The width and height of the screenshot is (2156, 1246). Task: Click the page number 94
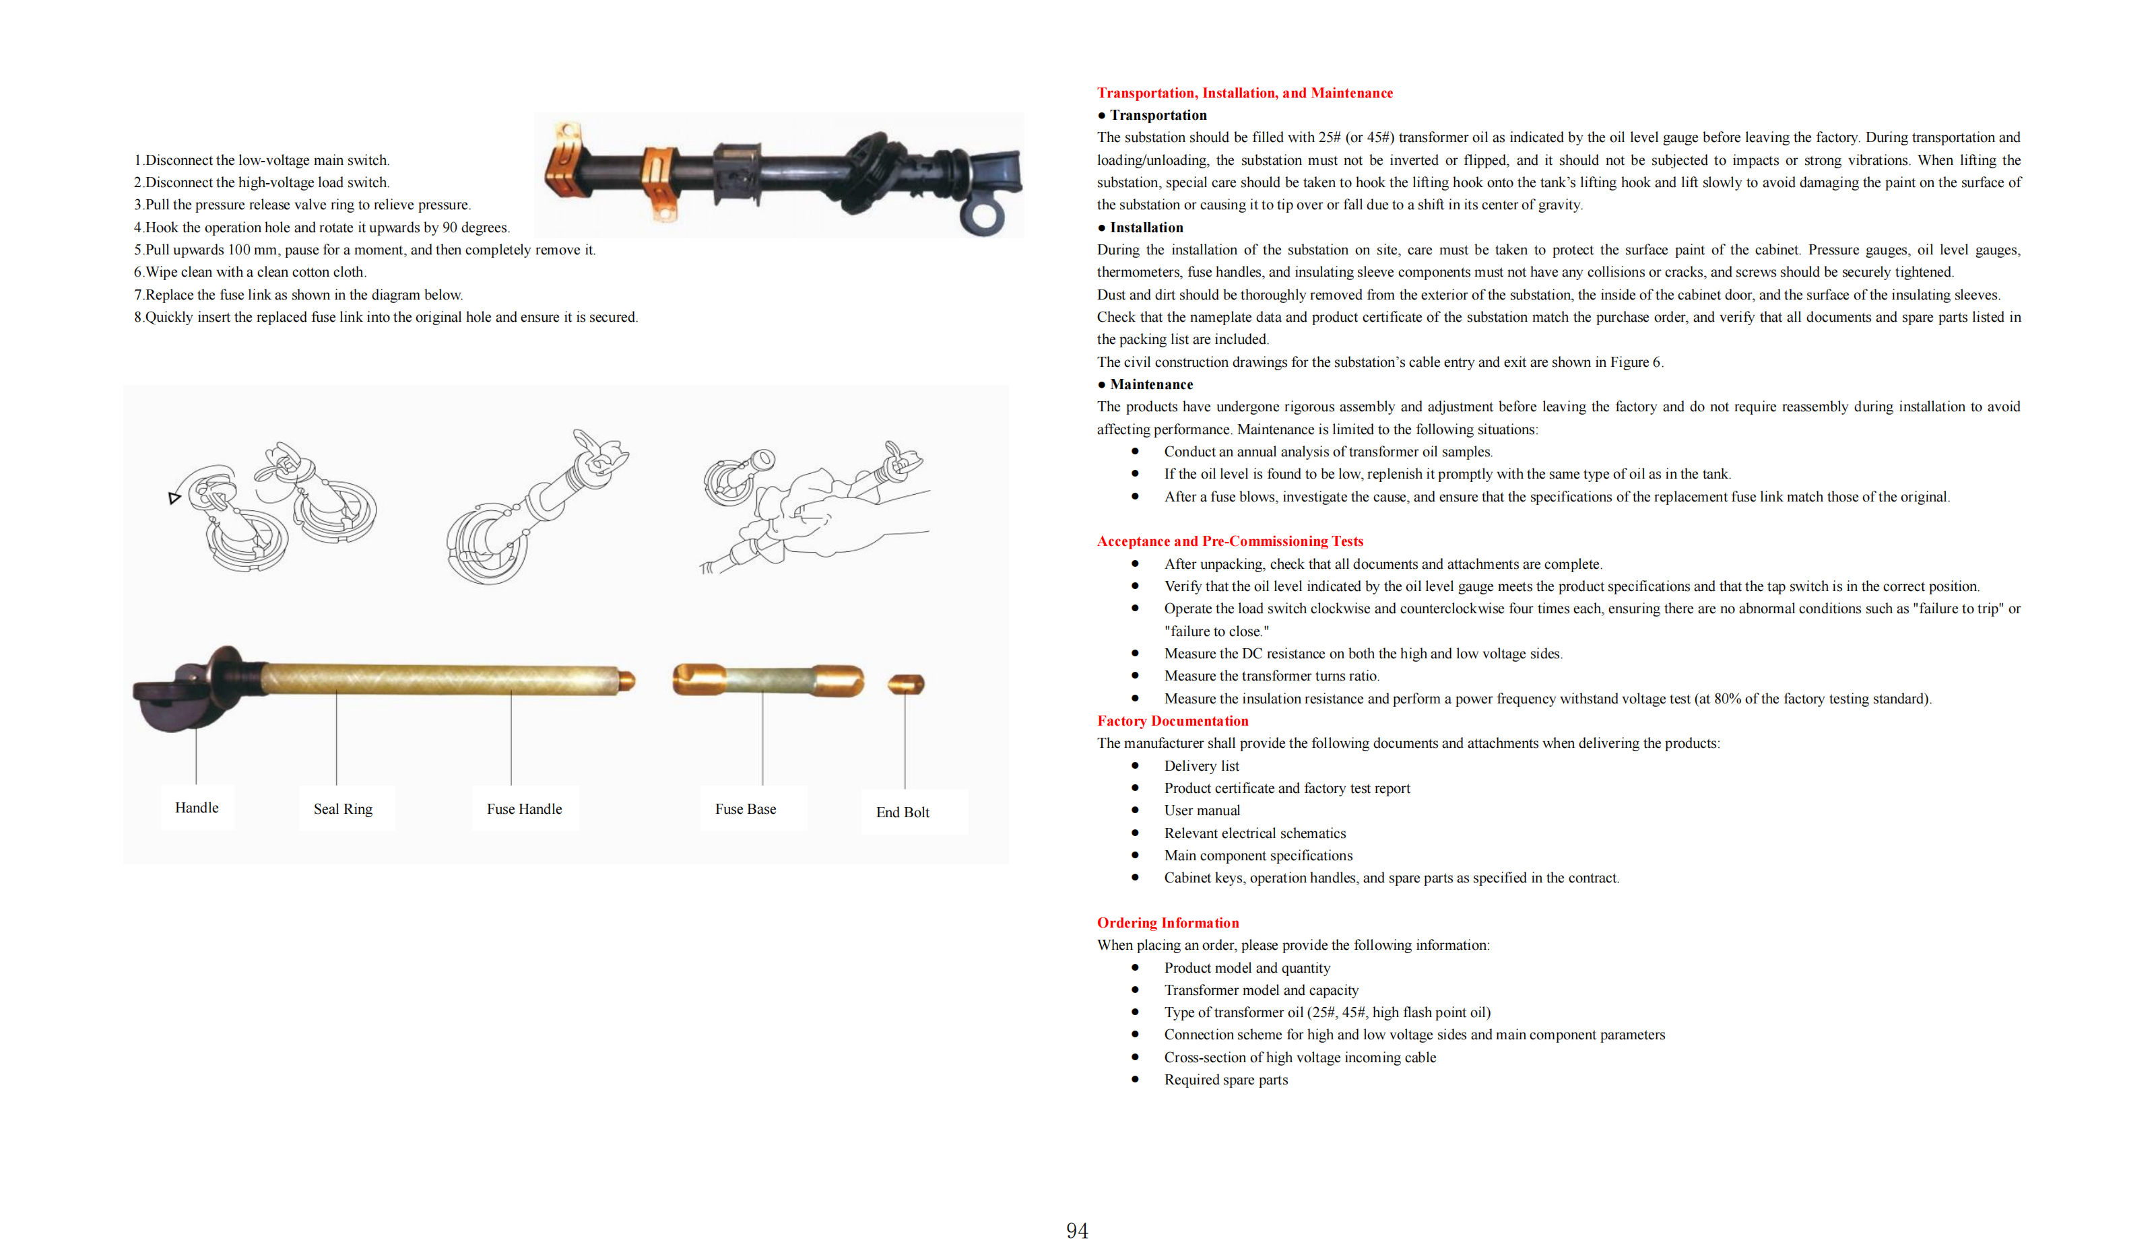click(1076, 1230)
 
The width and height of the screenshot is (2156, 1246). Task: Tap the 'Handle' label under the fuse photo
click(197, 807)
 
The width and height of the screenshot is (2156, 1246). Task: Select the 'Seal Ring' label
click(343, 809)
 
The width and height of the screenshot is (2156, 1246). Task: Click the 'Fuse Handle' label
click(525, 809)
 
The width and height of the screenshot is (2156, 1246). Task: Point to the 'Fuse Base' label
click(745, 809)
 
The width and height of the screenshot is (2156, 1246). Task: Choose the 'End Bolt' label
click(903, 812)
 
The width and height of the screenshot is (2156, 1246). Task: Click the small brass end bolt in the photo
click(905, 683)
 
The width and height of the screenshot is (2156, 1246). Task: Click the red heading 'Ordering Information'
click(1167, 923)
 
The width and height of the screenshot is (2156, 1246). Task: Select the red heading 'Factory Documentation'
click(1172, 721)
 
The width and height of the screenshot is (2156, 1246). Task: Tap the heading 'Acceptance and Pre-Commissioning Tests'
click(1229, 541)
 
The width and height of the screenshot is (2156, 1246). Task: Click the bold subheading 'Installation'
click(1146, 228)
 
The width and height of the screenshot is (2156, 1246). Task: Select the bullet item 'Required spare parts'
click(1225, 1079)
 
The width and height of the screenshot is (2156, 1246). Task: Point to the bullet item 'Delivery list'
click(1201, 766)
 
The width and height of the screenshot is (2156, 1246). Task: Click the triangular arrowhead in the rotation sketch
click(174, 497)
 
